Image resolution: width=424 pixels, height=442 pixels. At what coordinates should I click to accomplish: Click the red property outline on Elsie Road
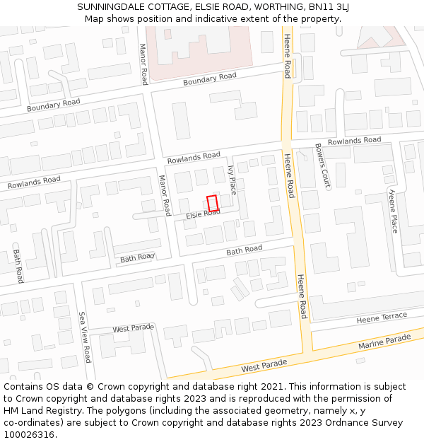click(213, 202)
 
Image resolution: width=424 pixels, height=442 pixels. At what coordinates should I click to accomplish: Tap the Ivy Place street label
click(232, 180)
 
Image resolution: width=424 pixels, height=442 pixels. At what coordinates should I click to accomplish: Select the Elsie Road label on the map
click(204, 214)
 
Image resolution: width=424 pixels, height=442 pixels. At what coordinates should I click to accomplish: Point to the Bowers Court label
click(322, 165)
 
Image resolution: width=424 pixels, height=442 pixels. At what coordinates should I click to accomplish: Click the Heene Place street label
click(394, 211)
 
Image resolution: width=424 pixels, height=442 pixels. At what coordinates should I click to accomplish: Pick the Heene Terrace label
click(382, 318)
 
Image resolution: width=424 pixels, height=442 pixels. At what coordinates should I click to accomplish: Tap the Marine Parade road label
click(384, 343)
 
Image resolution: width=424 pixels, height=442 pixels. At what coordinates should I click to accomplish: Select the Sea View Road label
click(85, 337)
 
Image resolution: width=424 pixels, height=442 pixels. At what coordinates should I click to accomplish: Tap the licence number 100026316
click(30, 434)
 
